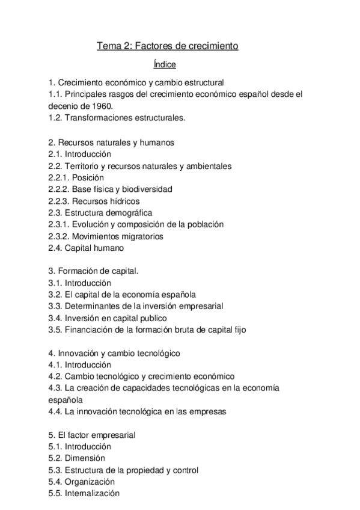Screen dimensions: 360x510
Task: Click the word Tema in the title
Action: pyautogui.click(x=109, y=46)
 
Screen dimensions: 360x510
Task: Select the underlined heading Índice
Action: pyautogui.click(x=165, y=63)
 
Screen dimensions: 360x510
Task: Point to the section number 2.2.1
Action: pyautogui.click(x=59, y=177)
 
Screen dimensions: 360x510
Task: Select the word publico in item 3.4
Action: pyautogui.click(x=151, y=318)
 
